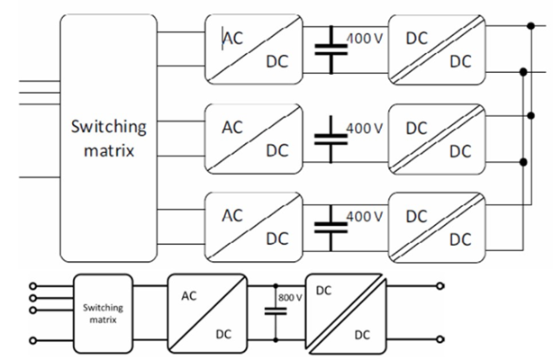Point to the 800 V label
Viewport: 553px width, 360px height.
pyautogui.click(x=290, y=296)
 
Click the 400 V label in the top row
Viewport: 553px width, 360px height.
pyautogui.click(x=366, y=40)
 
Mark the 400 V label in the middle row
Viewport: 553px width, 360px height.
pyautogui.click(x=366, y=128)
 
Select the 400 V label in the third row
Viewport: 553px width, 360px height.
pyautogui.click(x=366, y=216)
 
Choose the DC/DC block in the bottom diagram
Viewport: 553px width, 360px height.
pyautogui.click(x=348, y=312)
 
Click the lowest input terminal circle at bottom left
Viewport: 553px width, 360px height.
pyautogui.click(x=34, y=339)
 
